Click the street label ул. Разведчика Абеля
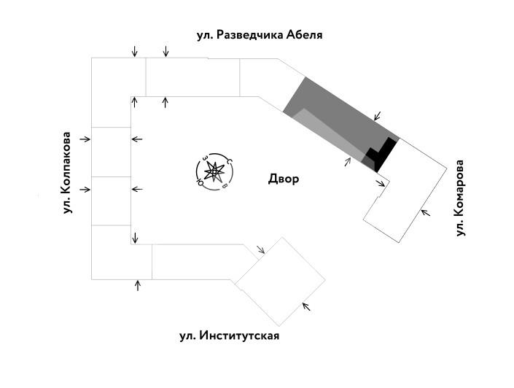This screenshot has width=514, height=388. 260,34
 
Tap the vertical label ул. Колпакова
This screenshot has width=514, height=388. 67,173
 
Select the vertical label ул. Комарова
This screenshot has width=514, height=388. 460,198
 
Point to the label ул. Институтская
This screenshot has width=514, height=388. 229,336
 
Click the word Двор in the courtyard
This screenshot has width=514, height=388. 284,179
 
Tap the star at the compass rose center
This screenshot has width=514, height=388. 214,172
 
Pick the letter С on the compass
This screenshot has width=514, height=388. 229,161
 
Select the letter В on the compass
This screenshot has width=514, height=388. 225,187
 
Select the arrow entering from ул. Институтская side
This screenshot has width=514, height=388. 307,306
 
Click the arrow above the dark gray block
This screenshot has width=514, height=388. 377,116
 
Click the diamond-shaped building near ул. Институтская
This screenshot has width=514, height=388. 280,282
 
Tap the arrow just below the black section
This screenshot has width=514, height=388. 381,182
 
